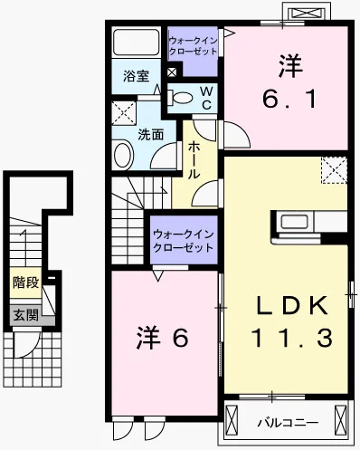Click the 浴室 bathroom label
click(136, 76)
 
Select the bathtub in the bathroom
click(136, 42)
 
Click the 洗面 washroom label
click(151, 135)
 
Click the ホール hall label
click(194, 161)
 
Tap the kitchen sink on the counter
click(294, 222)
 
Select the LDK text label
click(292, 305)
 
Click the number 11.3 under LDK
click(292, 338)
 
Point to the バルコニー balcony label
click(288, 423)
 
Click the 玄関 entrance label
click(25, 316)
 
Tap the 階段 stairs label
click(25, 282)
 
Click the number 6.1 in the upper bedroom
click(289, 99)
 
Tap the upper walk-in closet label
click(193, 46)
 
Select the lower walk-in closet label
click(184, 241)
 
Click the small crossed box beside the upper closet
click(172, 72)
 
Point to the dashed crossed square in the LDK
click(335, 170)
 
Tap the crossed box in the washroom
click(124, 113)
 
